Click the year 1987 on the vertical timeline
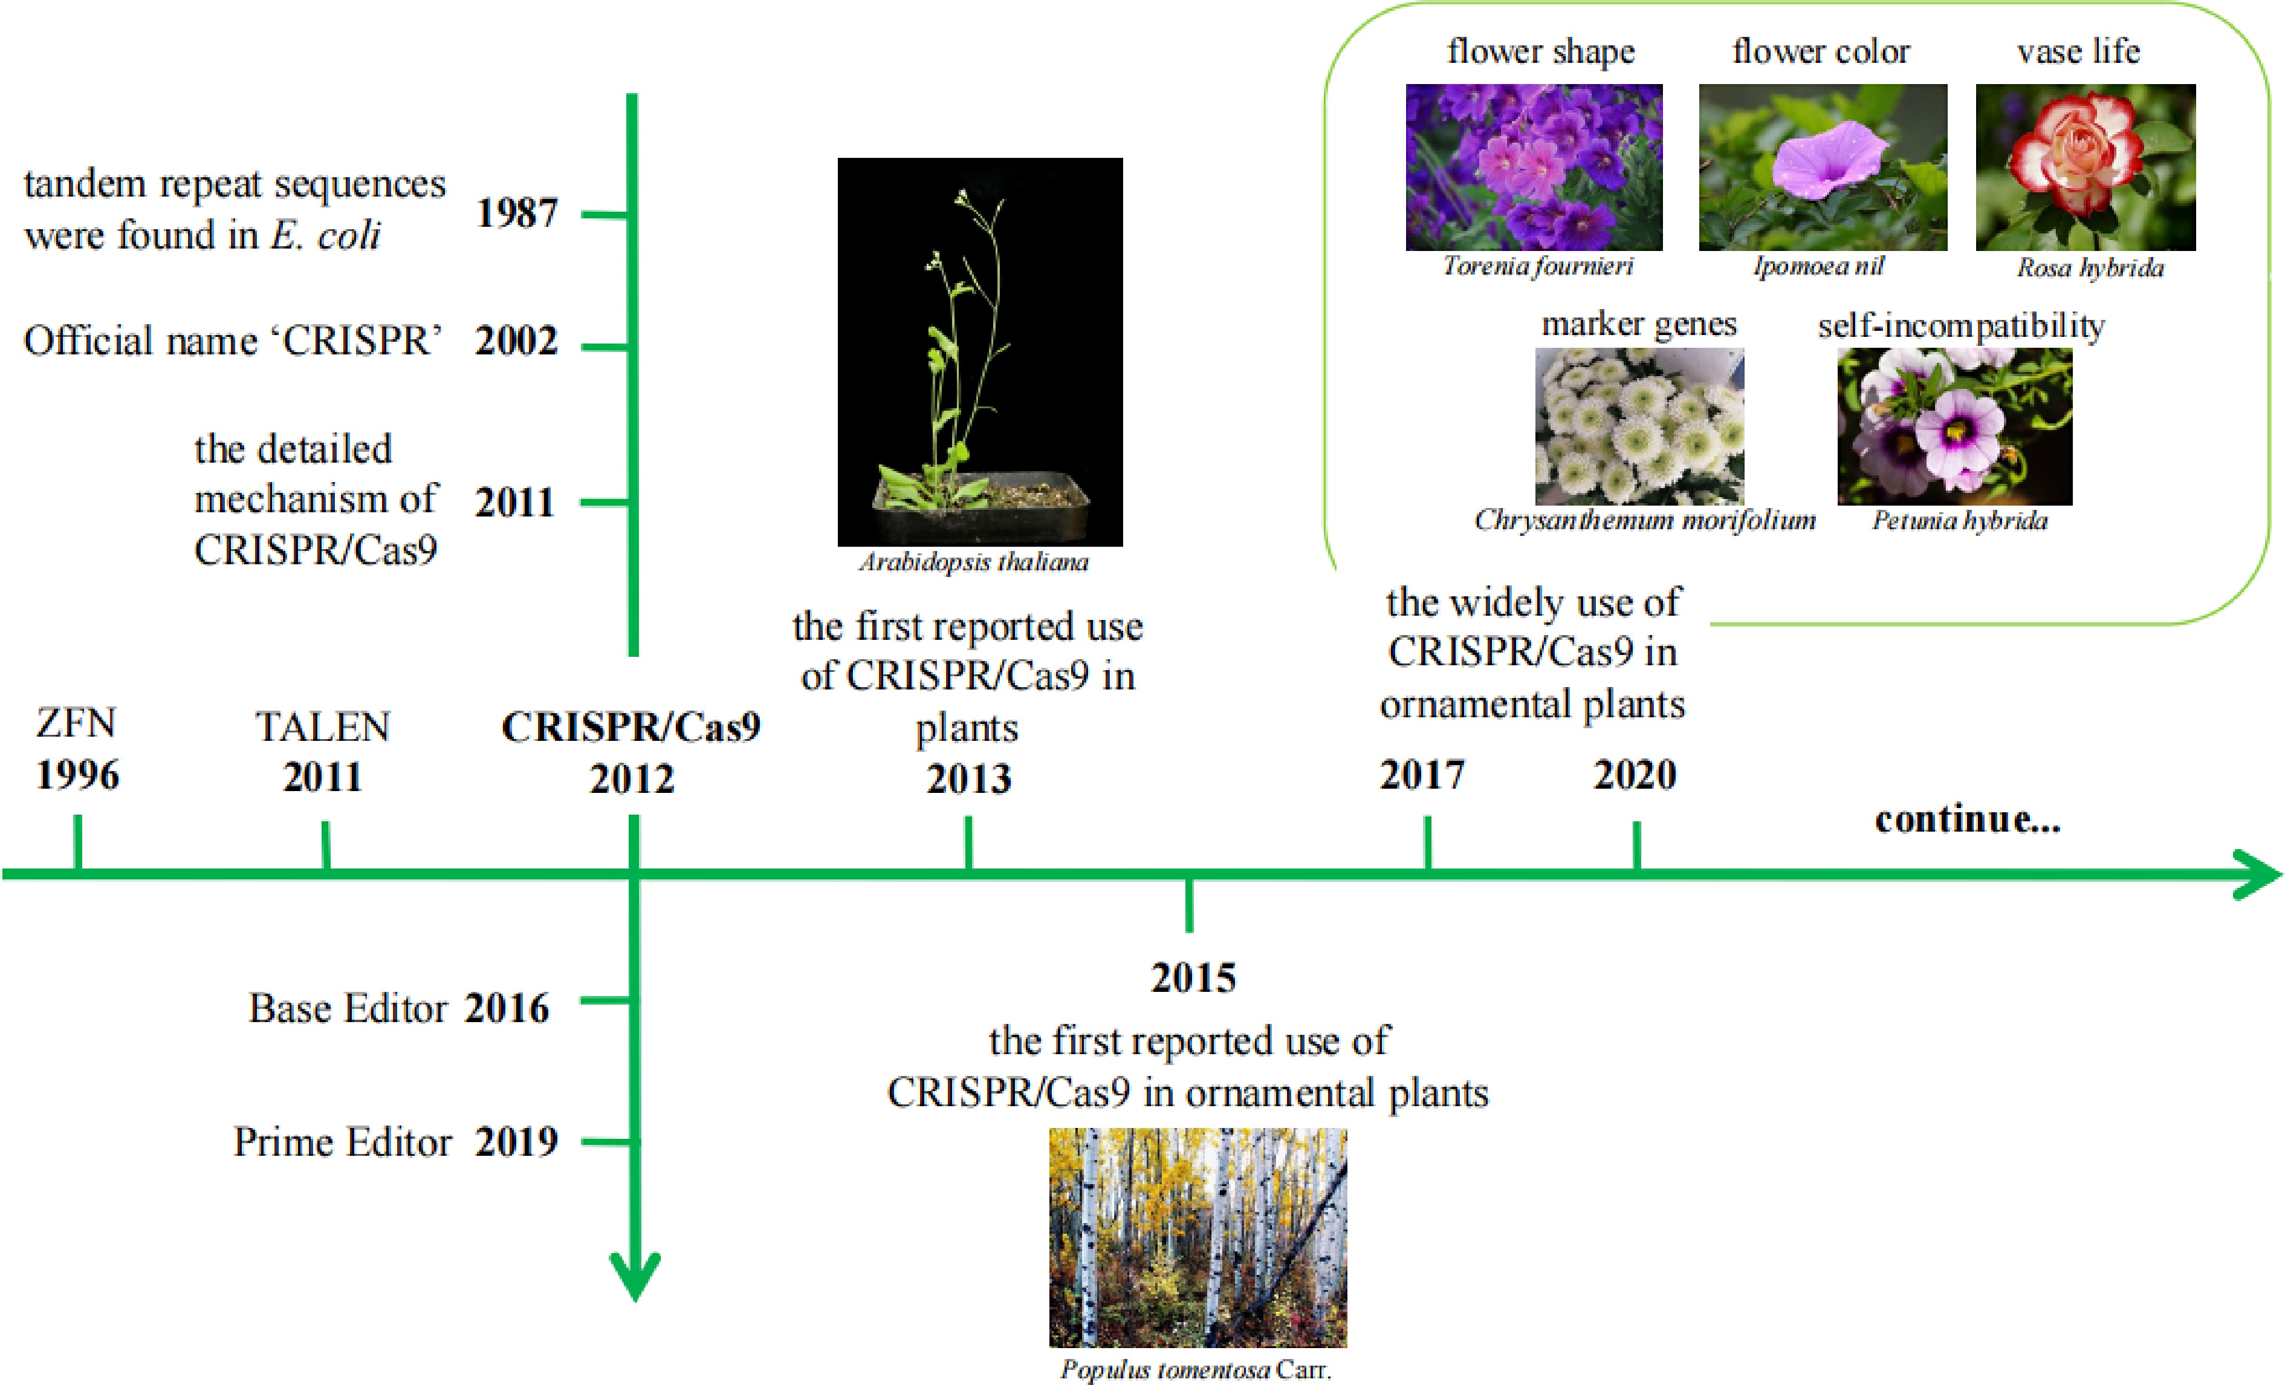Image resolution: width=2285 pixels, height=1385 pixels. click(x=516, y=213)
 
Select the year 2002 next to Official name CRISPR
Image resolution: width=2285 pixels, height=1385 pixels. click(x=516, y=341)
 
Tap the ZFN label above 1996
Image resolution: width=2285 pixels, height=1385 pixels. click(x=76, y=723)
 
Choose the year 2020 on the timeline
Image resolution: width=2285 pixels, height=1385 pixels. click(x=1635, y=775)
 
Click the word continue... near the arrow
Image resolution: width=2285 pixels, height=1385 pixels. click(x=1967, y=819)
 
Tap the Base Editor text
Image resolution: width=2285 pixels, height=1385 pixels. click(x=347, y=1008)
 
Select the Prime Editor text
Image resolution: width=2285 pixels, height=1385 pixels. click(x=342, y=1142)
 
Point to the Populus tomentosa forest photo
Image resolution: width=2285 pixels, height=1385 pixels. click(x=1198, y=1237)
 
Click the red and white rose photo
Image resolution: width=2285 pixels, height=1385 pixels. click(x=2085, y=167)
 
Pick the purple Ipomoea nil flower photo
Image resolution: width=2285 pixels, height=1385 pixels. click(x=1822, y=167)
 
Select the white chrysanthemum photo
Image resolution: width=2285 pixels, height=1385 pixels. click(x=1639, y=426)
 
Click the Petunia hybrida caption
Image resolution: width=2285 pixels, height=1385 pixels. click(x=1959, y=520)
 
